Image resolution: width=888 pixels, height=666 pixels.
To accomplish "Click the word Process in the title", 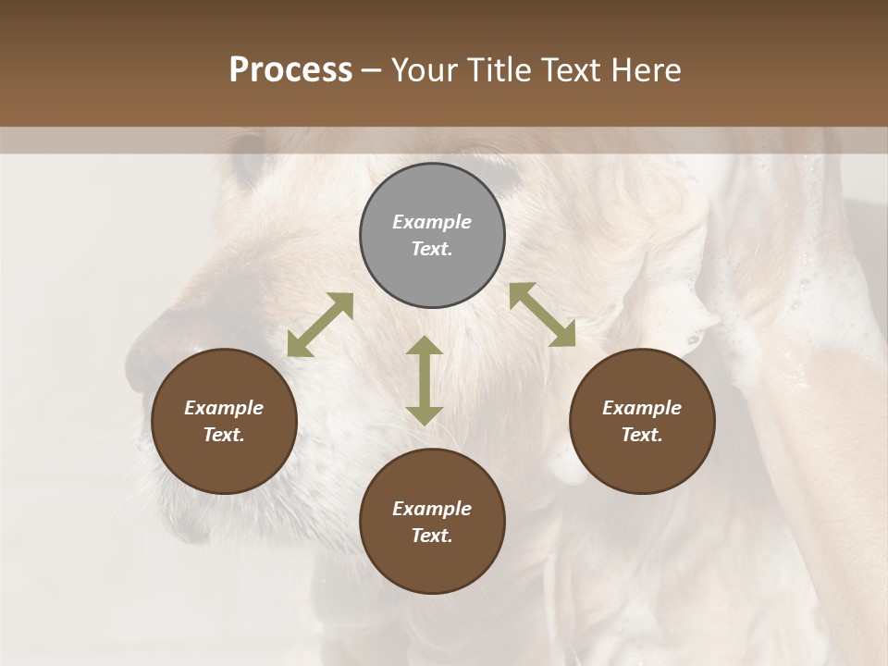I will [290, 70].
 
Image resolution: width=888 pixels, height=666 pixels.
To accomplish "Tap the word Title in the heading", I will [500, 70].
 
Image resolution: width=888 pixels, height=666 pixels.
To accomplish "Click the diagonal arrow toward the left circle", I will [320, 325].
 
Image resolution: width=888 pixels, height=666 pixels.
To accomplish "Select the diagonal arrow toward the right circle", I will [542, 314].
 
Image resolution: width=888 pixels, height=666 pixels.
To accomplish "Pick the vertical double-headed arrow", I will [425, 380].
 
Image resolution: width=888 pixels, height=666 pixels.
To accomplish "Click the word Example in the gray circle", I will [432, 222].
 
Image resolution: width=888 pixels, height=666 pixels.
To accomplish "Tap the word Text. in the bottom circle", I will [432, 536].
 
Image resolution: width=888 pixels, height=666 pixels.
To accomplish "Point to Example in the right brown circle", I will [642, 408].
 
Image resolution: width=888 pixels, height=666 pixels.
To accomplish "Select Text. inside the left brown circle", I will [224, 435].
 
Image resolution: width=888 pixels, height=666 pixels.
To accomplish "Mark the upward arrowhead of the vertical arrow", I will [425, 344].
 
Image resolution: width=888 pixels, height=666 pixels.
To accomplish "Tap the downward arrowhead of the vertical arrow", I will [425, 415].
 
